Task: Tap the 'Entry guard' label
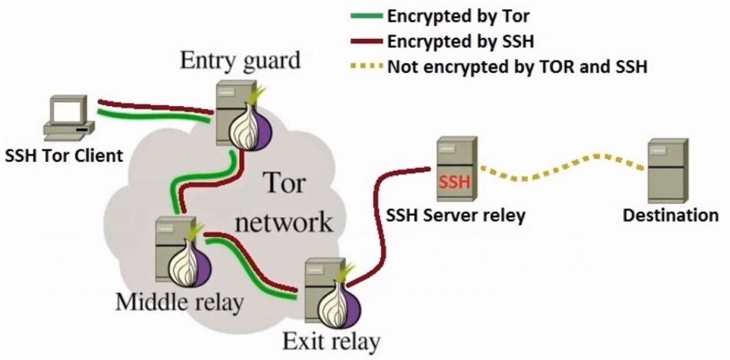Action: click(x=240, y=60)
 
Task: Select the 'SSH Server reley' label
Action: click(x=455, y=215)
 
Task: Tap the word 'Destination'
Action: click(x=670, y=215)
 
